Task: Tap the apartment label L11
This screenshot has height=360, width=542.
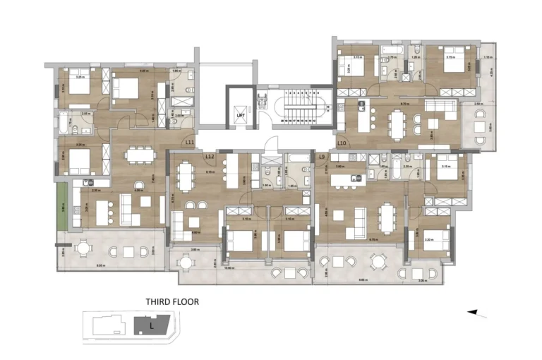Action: (x=190, y=143)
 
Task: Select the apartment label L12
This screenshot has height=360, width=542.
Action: (x=210, y=156)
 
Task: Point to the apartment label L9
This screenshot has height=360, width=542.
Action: (x=321, y=156)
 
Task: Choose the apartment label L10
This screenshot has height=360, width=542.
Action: (x=341, y=143)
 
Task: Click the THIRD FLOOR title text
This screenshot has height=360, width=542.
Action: (x=172, y=301)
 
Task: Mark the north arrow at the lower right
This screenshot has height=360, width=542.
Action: (x=478, y=311)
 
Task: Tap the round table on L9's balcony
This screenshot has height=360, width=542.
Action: (x=379, y=261)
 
